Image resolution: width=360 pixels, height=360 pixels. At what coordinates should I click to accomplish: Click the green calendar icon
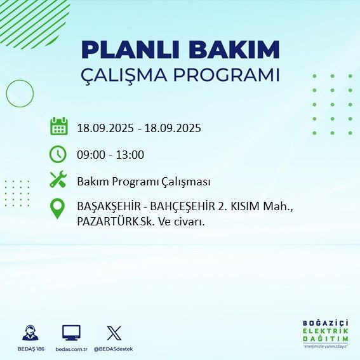(58, 126)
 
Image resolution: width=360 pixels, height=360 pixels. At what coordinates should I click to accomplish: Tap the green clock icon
(58, 154)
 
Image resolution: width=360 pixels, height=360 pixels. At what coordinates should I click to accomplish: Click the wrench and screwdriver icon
(58, 180)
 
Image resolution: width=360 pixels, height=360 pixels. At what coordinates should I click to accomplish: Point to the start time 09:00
(90, 155)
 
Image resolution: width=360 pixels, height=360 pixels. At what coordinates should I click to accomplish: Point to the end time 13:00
(130, 155)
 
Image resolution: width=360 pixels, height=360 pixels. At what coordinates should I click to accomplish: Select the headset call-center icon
(29, 333)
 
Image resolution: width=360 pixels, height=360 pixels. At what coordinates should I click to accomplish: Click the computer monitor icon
(71, 332)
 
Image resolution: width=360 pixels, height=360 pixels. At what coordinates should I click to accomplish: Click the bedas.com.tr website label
(71, 349)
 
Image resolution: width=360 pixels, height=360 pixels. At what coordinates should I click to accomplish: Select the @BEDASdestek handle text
(114, 349)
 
